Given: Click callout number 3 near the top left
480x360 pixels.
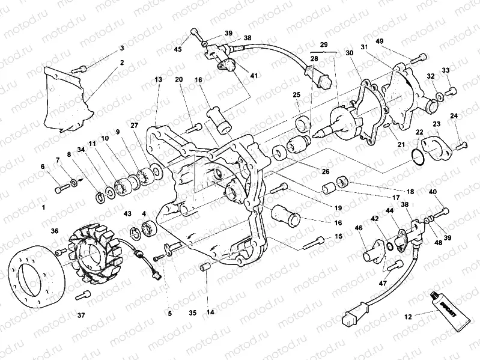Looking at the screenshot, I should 122,48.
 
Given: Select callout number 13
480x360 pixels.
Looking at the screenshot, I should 158,79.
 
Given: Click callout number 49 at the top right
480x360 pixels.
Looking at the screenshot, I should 396,41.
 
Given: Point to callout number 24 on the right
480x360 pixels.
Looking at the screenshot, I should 454,116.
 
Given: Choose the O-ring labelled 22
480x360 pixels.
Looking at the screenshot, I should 419,157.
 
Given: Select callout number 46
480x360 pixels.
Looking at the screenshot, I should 359,228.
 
